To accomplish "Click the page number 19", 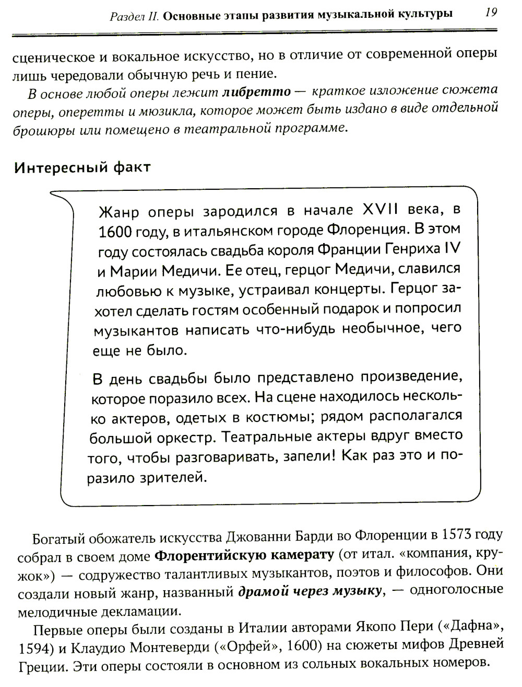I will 491,12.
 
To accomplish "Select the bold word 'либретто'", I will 256,93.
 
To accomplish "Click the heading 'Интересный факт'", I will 82,167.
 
